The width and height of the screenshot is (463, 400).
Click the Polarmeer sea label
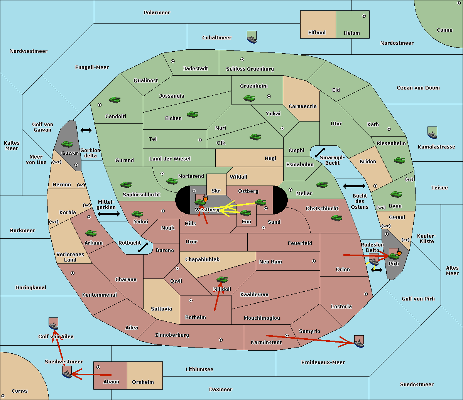(x=157, y=13)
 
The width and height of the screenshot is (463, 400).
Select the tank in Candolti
(x=115, y=100)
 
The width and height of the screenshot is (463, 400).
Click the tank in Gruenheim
(x=249, y=98)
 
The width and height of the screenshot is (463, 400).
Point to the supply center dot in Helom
(x=364, y=16)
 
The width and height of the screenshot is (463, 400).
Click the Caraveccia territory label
(x=302, y=106)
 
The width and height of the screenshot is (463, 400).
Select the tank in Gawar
(x=67, y=144)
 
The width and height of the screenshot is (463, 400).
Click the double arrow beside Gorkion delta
(x=86, y=130)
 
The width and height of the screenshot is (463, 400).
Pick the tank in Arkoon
(x=91, y=233)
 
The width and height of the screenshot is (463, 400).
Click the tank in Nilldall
(x=222, y=280)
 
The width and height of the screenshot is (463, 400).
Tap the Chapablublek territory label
(x=202, y=259)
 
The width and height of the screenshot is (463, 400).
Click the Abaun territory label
(x=112, y=381)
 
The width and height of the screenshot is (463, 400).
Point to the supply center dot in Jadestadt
(x=173, y=61)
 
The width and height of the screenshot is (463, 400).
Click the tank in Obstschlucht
(x=337, y=218)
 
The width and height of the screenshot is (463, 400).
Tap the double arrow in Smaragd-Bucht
(x=320, y=152)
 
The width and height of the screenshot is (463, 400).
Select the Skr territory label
(x=216, y=191)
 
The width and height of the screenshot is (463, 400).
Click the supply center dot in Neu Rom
(x=314, y=261)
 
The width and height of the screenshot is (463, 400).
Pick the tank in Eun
(x=245, y=213)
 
